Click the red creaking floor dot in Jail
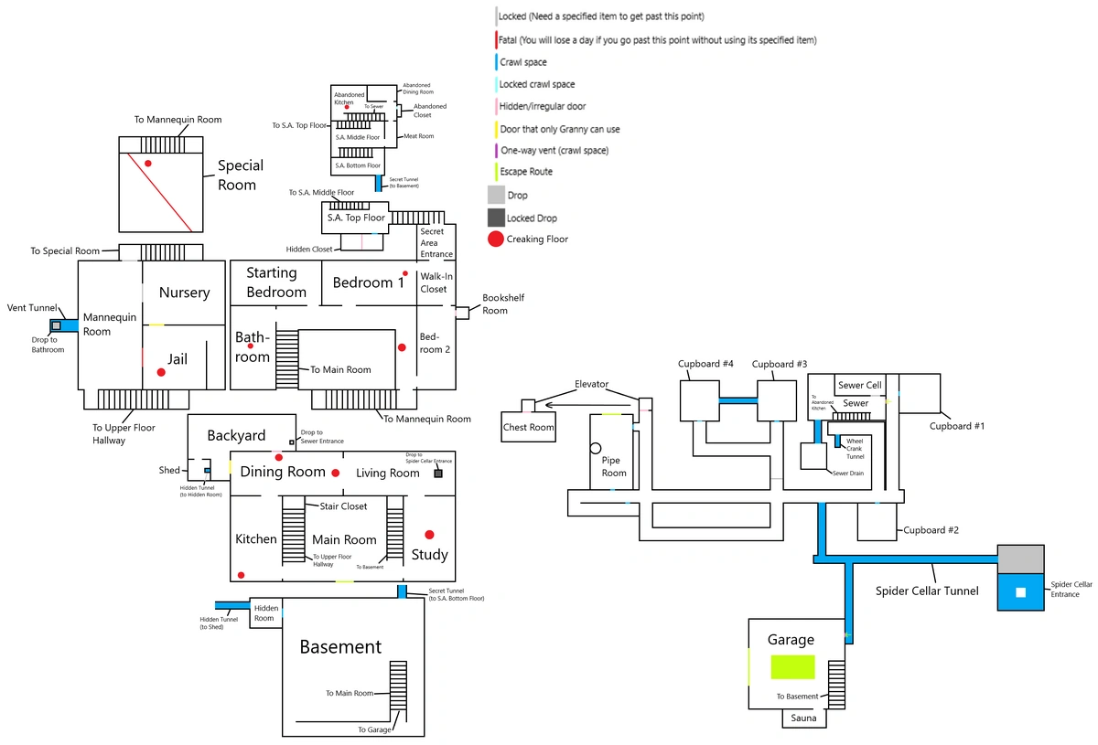tap(161, 372)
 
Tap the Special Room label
tap(240, 175)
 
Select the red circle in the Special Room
tap(147, 163)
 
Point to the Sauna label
tap(804, 718)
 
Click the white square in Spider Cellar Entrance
tap(1021, 592)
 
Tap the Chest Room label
tap(529, 427)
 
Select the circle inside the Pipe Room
tap(596, 448)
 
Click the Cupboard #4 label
tap(705, 364)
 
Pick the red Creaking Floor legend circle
tap(495, 239)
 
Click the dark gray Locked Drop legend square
tap(495, 218)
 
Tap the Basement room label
tap(340, 647)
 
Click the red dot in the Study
tap(429, 535)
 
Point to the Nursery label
tap(184, 293)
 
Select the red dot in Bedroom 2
tap(402, 347)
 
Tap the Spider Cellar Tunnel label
tap(926, 591)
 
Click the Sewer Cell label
tap(859, 386)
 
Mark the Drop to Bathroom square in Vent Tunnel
tap(57, 325)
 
